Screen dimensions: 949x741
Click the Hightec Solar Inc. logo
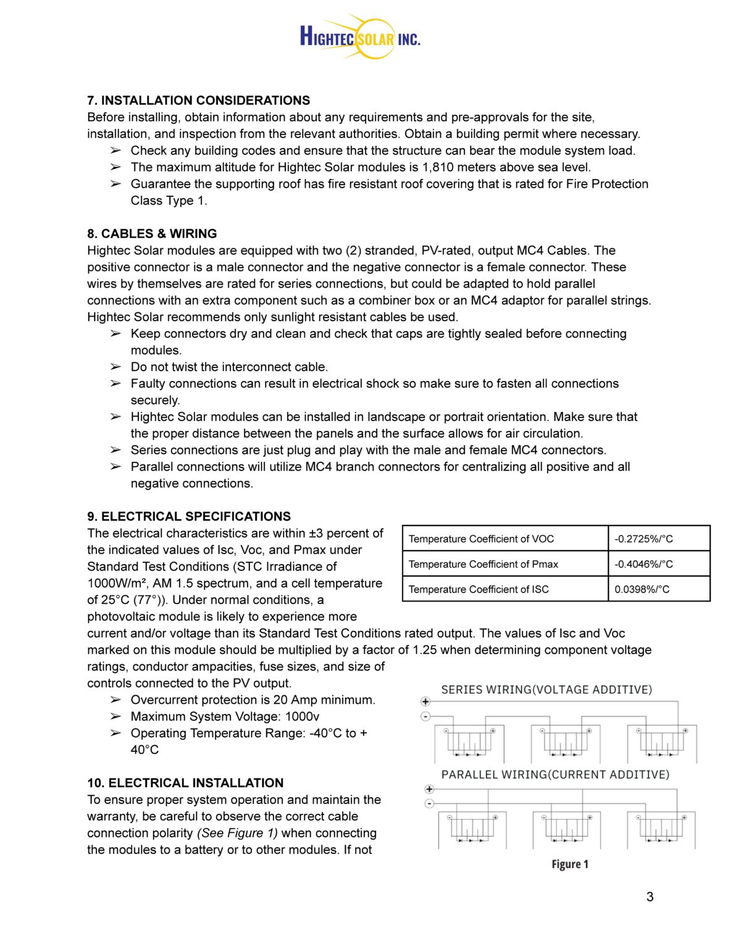coord(360,37)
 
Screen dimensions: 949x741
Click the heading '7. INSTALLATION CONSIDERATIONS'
coord(198,100)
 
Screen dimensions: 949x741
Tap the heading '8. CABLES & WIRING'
coord(152,233)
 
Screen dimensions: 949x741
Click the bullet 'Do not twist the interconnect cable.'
coord(229,367)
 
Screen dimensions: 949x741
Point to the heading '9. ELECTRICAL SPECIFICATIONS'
coord(189,516)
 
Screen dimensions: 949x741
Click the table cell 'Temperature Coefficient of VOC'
coord(481,539)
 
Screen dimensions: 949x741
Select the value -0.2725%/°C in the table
coord(643,539)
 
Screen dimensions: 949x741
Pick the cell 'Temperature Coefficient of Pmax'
coord(483,564)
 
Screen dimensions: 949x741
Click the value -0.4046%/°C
coord(643,564)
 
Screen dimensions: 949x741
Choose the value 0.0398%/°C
coord(642,590)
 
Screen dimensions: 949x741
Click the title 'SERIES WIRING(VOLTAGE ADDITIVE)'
coord(546,690)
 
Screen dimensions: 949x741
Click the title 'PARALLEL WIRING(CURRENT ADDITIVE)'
coord(555,774)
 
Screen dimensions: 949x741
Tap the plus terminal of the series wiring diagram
coord(425,701)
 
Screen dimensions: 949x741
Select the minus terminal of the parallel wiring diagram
coord(429,803)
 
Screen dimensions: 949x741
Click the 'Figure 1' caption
coord(569,864)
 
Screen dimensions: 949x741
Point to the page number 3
coord(650,897)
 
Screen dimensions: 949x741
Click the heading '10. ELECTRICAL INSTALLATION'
coord(185,783)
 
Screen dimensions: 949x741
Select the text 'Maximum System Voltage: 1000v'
coord(225,716)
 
